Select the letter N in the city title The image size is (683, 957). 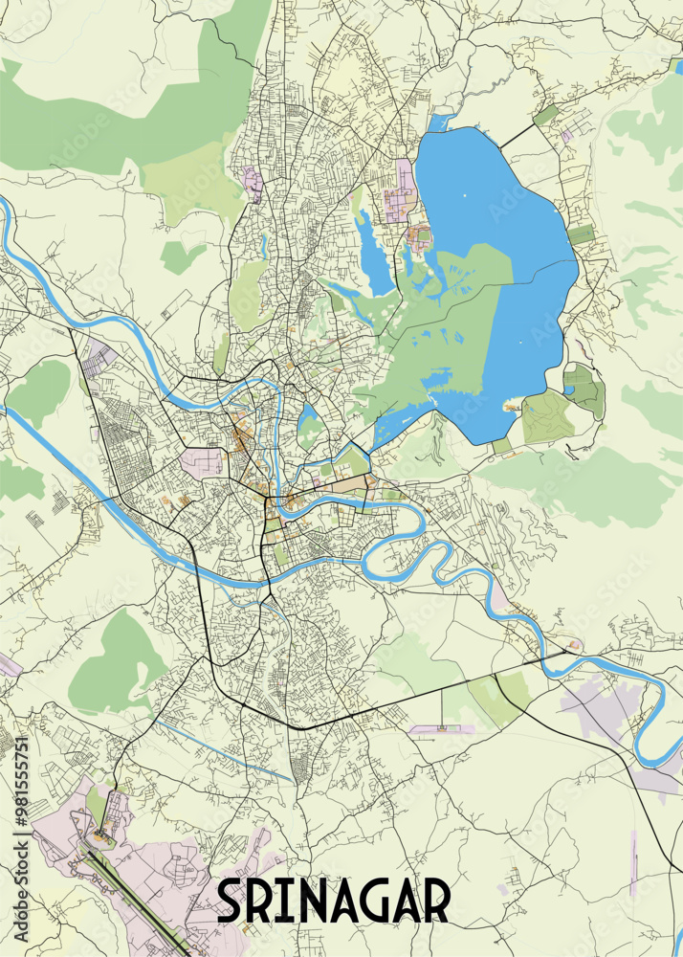[x=311, y=901]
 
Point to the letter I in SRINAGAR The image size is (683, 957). [x=284, y=901]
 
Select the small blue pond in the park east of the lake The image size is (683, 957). [x=569, y=389]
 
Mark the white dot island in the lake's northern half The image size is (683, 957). [x=466, y=196]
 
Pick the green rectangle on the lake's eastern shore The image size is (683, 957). [x=581, y=234]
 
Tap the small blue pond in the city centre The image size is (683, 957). [x=308, y=418]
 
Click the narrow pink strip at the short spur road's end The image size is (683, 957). [x=441, y=730]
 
